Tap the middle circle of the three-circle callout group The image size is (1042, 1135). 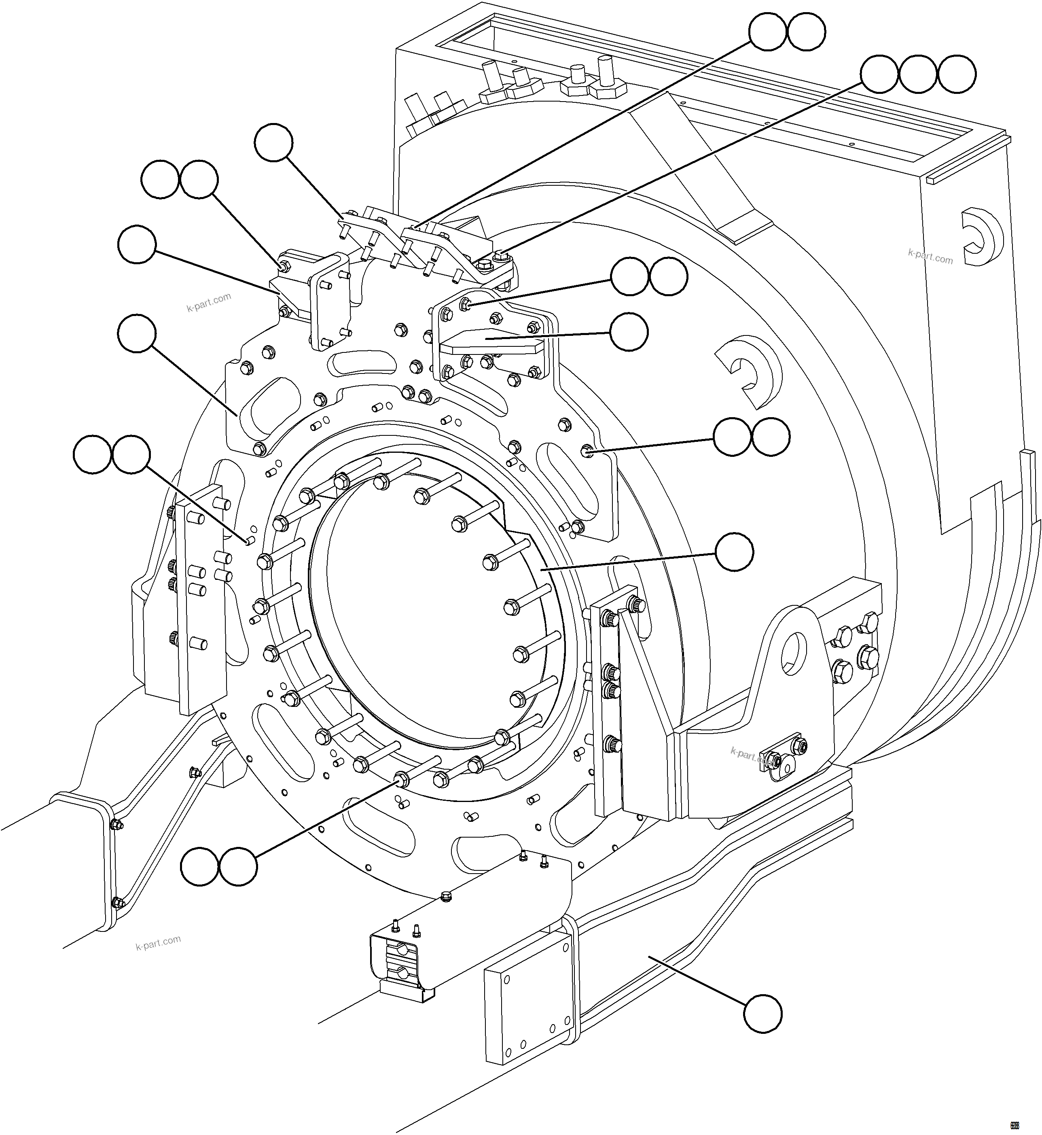pyautogui.click(x=918, y=74)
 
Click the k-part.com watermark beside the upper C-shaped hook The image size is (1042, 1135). pyautogui.click(x=930, y=257)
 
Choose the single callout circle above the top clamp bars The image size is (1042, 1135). pyautogui.click(x=273, y=143)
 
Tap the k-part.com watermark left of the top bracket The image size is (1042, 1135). pyautogui.click(x=209, y=302)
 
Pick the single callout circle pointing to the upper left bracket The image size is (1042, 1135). pyautogui.click(x=136, y=244)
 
